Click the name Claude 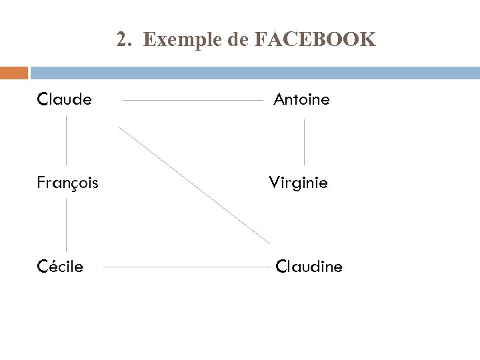pos(65,100)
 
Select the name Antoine pos(301,100)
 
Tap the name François pos(68,183)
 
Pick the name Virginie pos(299,183)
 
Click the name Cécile pos(61,267)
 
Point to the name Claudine pos(309,267)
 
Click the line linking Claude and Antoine pos(193,101)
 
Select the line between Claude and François pos(66,140)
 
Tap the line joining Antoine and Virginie pos(305,142)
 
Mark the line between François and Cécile pos(66,225)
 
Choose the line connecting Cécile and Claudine pos(188,267)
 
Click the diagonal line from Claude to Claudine pos(195,185)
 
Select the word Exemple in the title pos(183,41)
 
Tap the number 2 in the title pos(121,41)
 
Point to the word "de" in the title pos(237,41)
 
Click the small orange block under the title pos(14,72)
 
